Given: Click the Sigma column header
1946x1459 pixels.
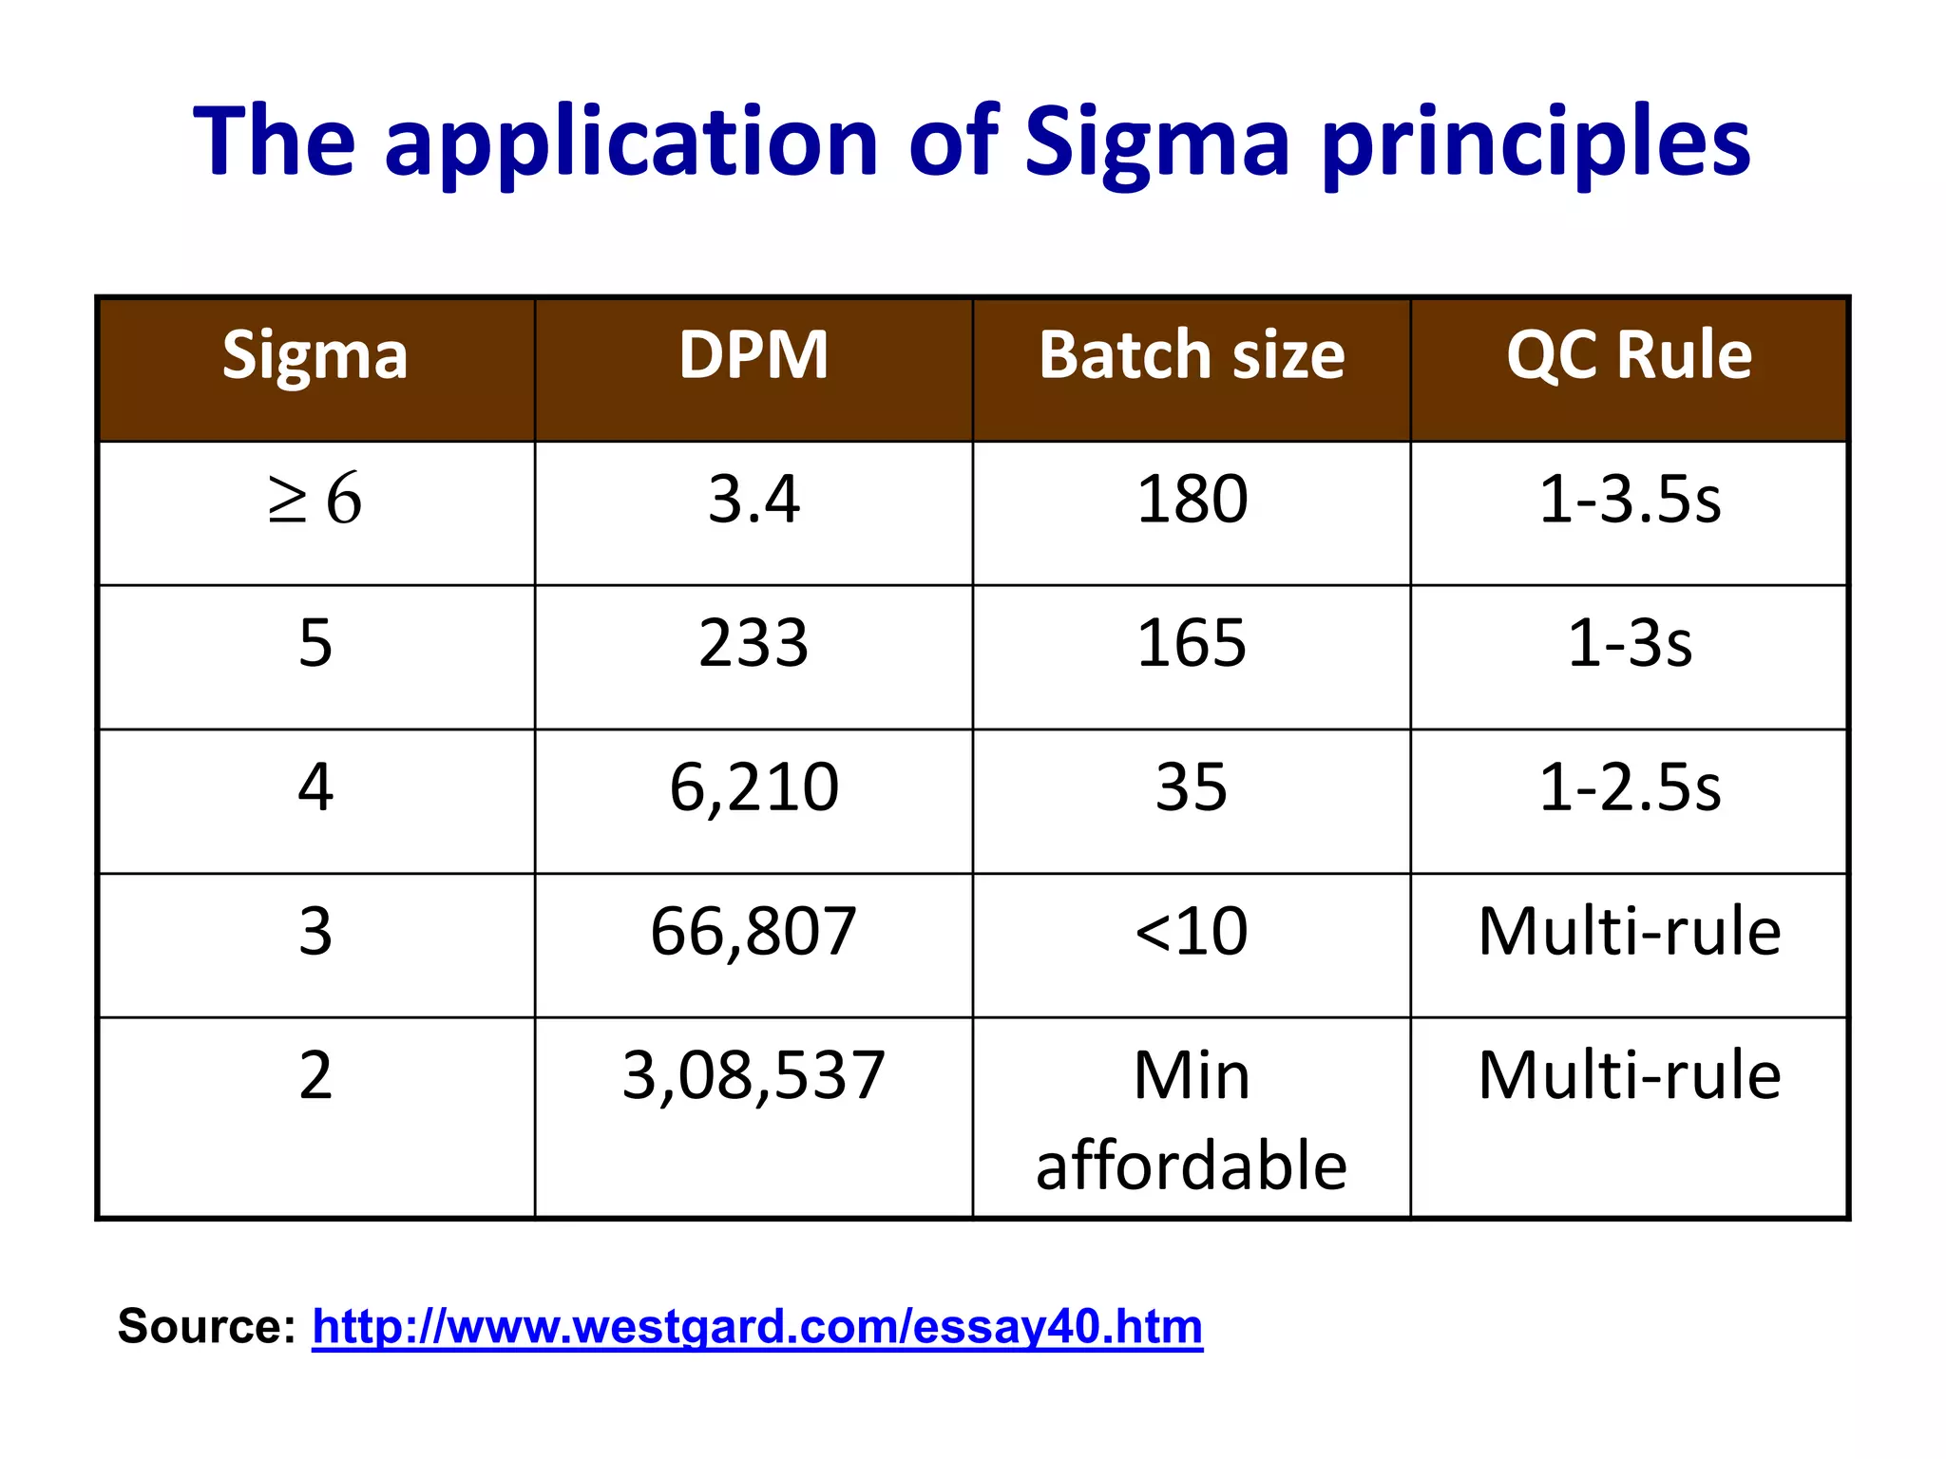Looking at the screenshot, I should click(315, 356).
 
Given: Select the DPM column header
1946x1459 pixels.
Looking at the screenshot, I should click(754, 356).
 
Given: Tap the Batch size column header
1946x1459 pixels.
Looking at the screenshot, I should click(1192, 356).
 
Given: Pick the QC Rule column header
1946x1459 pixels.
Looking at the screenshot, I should click(1629, 356).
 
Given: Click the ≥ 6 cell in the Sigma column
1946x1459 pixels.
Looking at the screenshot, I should click(315, 500).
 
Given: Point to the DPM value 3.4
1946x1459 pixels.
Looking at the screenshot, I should click(754, 500).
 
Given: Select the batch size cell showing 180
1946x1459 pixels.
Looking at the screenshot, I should click(1192, 500).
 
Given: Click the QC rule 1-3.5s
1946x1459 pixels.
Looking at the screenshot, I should click(1629, 500).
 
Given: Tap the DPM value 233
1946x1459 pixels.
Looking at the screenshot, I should click(754, 644).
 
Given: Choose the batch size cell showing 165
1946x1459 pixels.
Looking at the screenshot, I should click(1192, 644).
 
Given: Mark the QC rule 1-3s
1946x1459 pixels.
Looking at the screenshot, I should click(1629, 644).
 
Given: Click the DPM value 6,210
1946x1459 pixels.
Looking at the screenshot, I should click(754, 787).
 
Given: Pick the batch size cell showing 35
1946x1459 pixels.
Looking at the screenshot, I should click(1192, 787).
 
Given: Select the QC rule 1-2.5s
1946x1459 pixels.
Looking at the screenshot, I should click(1629, 787).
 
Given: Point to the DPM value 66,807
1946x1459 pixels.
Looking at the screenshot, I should click(754, 932).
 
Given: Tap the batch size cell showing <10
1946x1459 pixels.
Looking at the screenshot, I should click(1192, 932).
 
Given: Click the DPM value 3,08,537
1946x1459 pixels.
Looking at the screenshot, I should click(754, 1076).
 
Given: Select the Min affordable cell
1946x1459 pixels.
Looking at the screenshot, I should click(1192, 1121).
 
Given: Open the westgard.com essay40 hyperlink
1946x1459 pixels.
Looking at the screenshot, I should click(756, 1327).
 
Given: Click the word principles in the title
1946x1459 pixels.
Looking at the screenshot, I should click(1536, 142).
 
